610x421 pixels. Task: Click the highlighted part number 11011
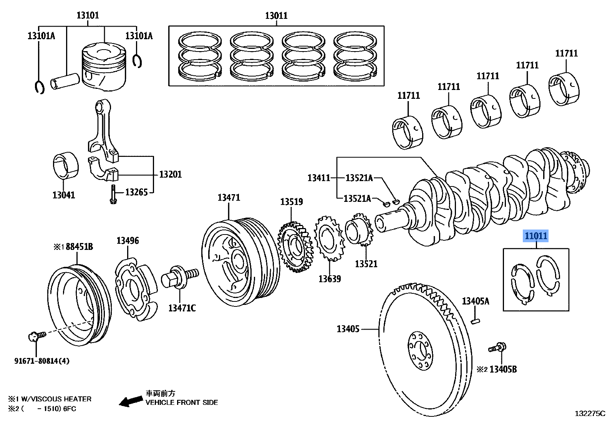(536, 236)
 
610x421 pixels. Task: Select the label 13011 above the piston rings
(276, 16)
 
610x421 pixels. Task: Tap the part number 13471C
(182, 308)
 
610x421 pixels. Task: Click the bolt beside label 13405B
(497, 348)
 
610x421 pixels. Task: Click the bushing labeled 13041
(65, 166)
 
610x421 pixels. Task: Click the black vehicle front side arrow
(130, 401)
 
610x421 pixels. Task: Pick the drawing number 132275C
(590, 414)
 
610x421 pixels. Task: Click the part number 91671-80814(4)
(42, 361)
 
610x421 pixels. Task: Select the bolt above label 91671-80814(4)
(36, 336)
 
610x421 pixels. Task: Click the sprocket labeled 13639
(329, 238)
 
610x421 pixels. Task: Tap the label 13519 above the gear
(291, 202)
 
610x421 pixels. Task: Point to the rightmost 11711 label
(566, 53)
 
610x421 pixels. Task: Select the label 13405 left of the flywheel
(348, 329)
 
